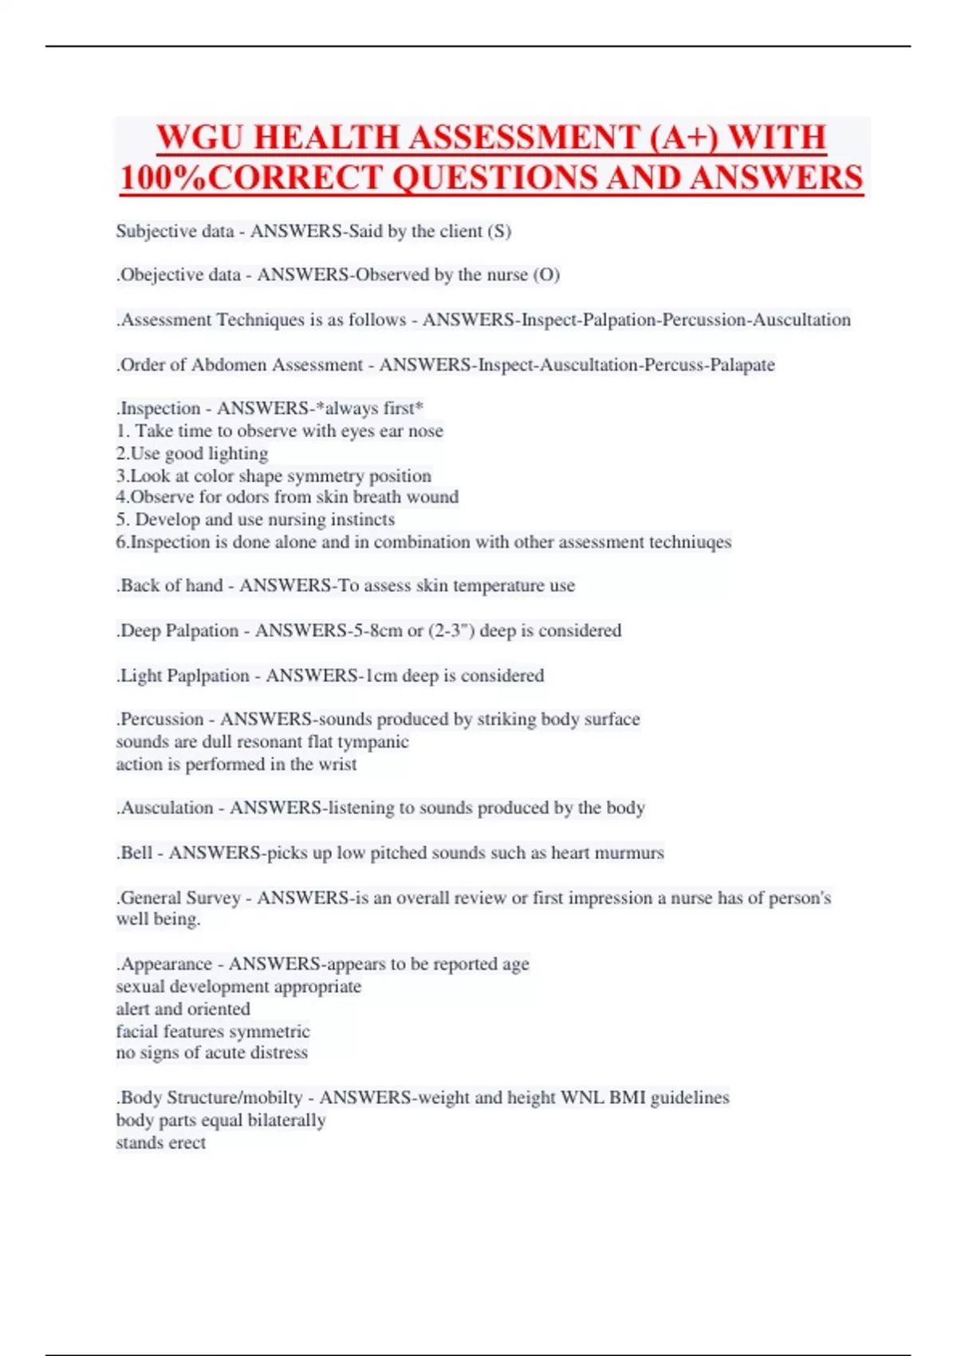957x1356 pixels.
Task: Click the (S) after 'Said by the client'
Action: tap(499, 231)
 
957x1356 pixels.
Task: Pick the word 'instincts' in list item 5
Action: tap(363, 520)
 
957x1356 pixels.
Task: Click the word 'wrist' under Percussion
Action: tap(337, 764)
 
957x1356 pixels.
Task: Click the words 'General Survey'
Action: tap(180, 898)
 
